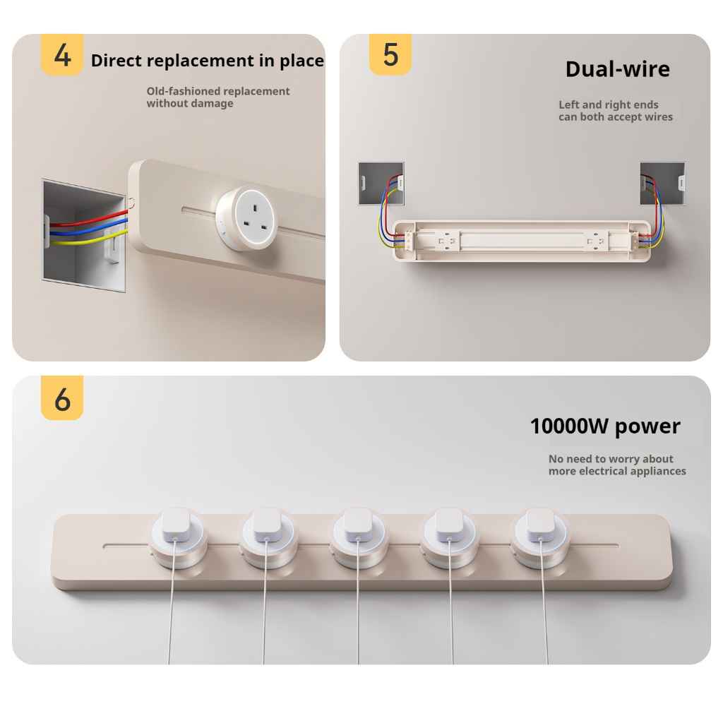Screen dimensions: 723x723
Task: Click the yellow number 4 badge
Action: coord(62,54)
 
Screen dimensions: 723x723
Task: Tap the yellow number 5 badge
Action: coord(390,54)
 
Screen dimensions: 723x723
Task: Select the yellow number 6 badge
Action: coord(62,398)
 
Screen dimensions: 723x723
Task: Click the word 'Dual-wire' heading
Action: coord(617,69)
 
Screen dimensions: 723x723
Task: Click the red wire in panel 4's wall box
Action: coord(88,219)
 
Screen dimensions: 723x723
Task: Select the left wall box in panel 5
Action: coord(381,183)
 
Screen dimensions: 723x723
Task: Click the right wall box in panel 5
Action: coord(662,183)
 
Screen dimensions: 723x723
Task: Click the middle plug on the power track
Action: coord(358,525)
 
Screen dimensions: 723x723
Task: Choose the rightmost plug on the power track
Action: coord(540,525)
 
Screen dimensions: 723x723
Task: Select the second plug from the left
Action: coord(268,525)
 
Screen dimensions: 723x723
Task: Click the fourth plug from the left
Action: coord(450,525)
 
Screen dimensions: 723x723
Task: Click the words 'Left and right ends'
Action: coord(608,105)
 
